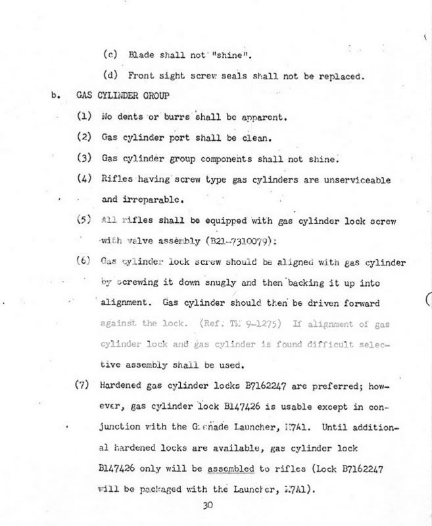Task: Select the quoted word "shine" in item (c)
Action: click(x=236, y=55)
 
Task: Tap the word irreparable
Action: click(x=139, y=199)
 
